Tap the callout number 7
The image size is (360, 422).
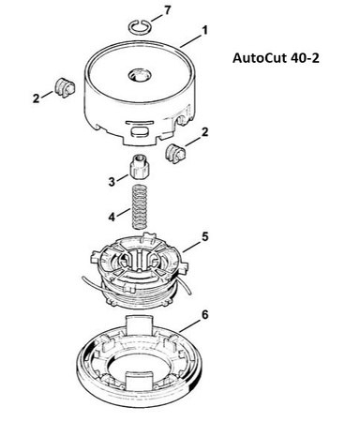(x=168, y=10)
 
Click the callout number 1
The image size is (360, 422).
(x=204, y=30)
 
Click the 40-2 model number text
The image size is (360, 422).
(x=306, y=58)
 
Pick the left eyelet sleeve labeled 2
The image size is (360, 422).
(x=65, y=87)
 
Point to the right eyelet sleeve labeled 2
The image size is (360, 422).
(x=174, y=154)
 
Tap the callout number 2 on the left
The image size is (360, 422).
(x=37, y=98)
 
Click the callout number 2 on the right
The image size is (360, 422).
(x=204, y=132)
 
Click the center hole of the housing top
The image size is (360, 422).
(x=140, y=75)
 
